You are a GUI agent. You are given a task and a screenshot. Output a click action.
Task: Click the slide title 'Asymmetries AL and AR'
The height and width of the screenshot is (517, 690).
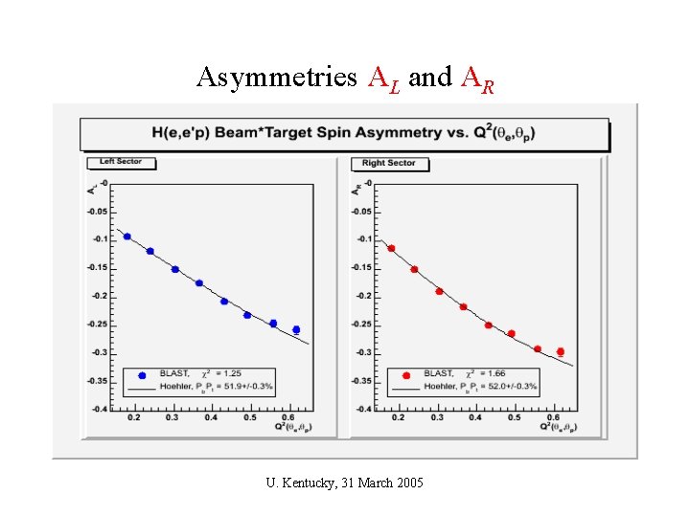point(345,77)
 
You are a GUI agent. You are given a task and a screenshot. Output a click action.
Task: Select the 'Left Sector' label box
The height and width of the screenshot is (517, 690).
point(121,162)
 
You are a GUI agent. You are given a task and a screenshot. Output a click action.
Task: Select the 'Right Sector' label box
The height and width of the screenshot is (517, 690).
point(389,163)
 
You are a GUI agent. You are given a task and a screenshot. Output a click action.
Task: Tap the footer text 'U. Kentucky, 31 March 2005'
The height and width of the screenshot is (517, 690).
point(344,481)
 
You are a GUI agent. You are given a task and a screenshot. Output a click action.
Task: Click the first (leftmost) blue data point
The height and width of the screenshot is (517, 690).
point(127,236)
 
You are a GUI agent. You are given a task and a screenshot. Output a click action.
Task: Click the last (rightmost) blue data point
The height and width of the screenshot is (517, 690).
point(296,329)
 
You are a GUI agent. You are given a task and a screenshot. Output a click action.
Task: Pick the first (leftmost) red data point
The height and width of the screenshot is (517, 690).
point(391,248)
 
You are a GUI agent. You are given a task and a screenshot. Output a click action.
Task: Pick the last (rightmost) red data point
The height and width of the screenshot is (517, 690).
point(561,352)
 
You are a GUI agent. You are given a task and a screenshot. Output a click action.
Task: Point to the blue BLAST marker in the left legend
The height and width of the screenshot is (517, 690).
point(143,375)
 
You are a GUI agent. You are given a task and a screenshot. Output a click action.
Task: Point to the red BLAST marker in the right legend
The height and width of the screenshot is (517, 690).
point(406,375)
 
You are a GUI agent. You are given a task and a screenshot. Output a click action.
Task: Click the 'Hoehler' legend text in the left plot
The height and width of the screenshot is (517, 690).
point(185,387)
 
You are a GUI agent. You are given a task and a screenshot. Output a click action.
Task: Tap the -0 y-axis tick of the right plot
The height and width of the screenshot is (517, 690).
point(368,184)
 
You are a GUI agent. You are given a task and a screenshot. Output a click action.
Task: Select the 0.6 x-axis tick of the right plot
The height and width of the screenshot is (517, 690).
point(558,418)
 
